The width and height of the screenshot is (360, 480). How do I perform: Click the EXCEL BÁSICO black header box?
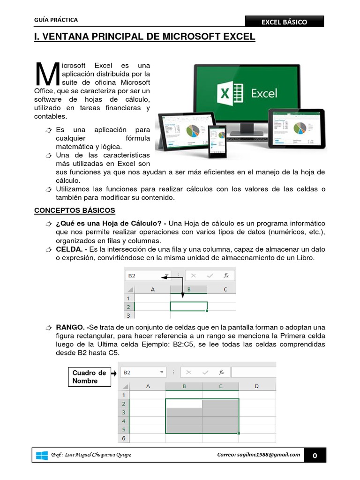(x=285, y=22)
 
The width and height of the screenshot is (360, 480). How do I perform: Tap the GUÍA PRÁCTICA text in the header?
(x=56, y=20)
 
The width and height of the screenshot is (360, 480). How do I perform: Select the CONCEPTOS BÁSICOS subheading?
(x=75, y=210)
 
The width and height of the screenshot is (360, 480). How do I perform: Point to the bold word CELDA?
(x=69, y=249)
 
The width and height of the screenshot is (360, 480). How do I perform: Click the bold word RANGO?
(x=70, y=327)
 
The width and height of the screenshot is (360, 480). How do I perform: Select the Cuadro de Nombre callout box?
(x=90, y=377)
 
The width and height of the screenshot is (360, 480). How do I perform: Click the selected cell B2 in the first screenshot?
(x=188, y=307)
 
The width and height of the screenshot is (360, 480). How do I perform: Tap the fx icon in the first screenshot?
(x=226, y=276)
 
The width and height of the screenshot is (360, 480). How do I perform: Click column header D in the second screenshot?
(x=256, y=386)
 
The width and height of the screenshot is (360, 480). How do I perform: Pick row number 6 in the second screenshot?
(x=124, y=438)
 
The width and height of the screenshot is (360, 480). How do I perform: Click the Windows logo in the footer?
(x=42, y=455)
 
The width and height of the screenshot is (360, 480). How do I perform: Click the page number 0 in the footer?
(x=315, y=456)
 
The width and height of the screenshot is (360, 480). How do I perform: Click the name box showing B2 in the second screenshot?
(x=143, y=372)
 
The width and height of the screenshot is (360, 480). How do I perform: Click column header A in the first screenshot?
(x=152, y=289)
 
